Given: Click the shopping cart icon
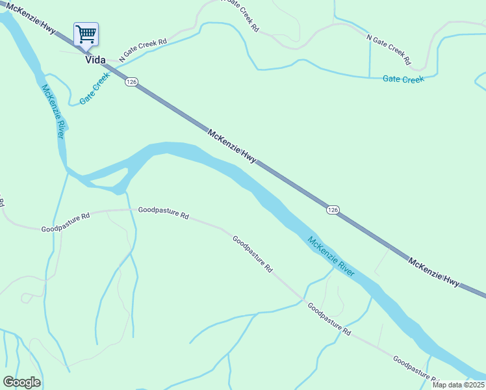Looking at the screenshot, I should (x=86, y=34).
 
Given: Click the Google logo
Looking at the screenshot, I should (x=21, y=382).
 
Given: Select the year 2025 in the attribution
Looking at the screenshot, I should (x=475, y=385).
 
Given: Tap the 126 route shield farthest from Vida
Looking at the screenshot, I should (x=333, y=209).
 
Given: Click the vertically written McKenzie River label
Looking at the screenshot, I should (x=54, y=110).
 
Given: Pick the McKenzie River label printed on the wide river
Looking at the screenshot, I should (x=331, y=256).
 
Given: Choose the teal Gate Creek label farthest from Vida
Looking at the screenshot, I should (x=403, y=79).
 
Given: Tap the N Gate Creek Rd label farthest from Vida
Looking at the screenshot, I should (x=389, y=49).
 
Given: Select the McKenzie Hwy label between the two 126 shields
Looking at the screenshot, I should (x=232, y=146).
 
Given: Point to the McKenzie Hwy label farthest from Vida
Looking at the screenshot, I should (x=433, y=272).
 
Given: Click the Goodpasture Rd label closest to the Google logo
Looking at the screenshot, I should (x=66, y=224).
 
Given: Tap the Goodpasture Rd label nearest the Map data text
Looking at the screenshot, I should (x=416, y=369).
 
